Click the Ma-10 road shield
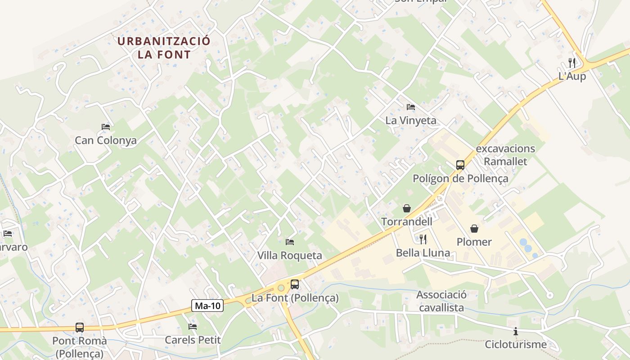point(207,306)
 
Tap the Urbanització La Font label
point(164,48)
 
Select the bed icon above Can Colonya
point(106,127)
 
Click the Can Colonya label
point(106,140)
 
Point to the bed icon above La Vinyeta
point(411,107)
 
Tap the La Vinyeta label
point(411,121)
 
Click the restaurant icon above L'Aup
point(572,63)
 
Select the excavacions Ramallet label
point(505,155)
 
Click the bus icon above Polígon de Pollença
point(460,165)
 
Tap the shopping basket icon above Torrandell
point(407,208)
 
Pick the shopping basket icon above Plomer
point(474,229)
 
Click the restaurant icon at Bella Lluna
point(423,239)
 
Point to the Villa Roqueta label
point(290,256)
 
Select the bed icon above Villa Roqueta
point(290,242)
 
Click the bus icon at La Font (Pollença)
point(295,284)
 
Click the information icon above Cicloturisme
point(516,332)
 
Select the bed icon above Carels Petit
point(193,326)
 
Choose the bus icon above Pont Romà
point(80,328)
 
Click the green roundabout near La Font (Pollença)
point(281,288)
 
